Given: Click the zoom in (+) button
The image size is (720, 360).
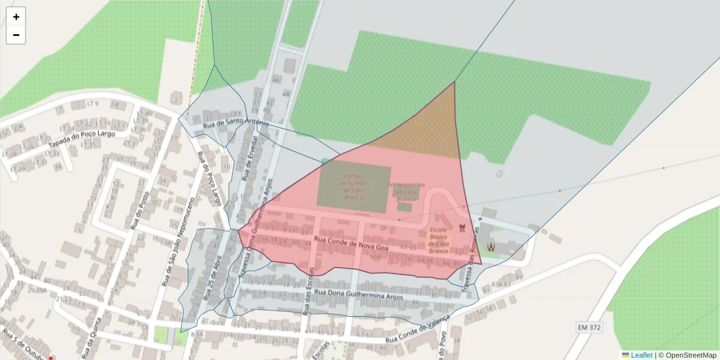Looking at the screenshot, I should [x=16, y=17].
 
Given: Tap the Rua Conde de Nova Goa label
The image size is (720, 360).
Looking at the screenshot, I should [x=351, y=244].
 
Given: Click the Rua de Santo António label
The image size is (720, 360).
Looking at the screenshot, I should [x=236, y=124].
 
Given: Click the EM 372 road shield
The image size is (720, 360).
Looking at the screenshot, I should [x=589, y=327].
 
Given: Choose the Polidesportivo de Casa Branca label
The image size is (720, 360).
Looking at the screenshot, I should [x=406, y=191].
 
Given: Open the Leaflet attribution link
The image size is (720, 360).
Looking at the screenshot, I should [x=641, y=355].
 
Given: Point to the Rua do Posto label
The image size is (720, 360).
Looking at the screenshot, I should [x=139, y=210].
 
